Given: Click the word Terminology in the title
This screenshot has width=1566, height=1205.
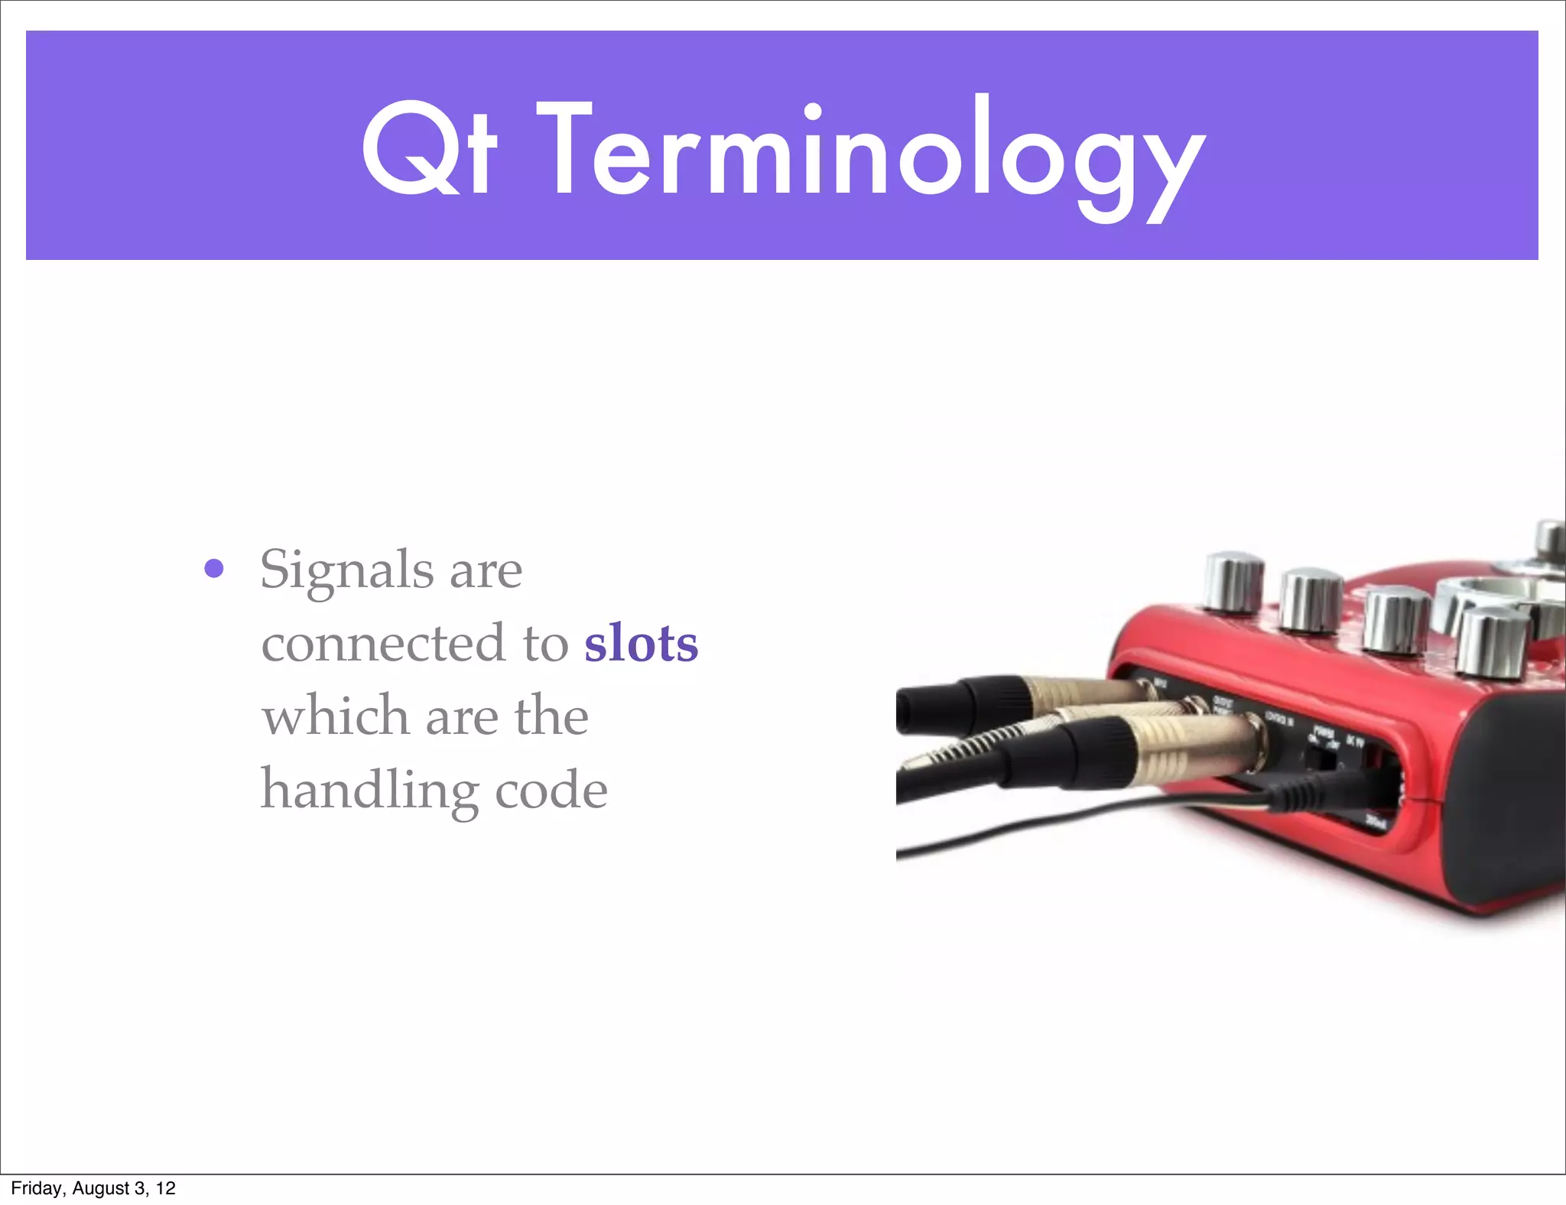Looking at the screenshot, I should (872, 153).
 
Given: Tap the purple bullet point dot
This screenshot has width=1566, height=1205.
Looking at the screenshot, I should (214, 569).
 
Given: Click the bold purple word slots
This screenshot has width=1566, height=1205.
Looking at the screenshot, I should (641, 644).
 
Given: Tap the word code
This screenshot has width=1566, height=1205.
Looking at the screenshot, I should (551, 791).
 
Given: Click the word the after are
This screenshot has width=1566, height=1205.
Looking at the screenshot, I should (551, 716).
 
